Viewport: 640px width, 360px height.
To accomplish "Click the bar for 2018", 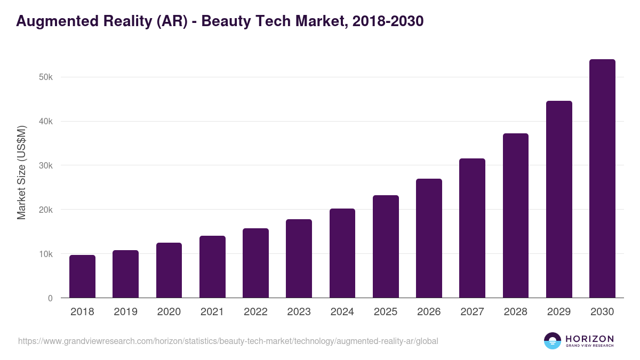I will click(82, 276).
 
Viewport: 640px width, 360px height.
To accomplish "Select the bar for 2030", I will click(602, 179).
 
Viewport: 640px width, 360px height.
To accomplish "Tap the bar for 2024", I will click(342, 253).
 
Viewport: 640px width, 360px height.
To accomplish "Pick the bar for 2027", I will click(472, 228).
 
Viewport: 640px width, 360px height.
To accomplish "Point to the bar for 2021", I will click(212, 267).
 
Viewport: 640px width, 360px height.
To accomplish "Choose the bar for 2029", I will click(559, 199).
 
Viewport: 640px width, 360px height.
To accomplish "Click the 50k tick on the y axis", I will click(46, 77).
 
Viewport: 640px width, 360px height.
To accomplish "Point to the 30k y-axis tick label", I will click(46, 166).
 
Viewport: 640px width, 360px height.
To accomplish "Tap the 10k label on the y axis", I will click(46, 254).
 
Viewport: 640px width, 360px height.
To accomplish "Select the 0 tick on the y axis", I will click(50, 299).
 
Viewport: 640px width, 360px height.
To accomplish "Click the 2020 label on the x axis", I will click(169, 312).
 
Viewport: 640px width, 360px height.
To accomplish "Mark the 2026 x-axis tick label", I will click(429, 312).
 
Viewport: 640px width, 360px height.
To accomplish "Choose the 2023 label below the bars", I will click(299, 312).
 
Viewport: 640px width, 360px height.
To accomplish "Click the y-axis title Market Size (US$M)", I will click(21, 173).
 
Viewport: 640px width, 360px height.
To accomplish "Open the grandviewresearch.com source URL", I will click(228, 341).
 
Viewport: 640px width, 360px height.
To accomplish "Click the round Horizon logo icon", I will click(553, 341).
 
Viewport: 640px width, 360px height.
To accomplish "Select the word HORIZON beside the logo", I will click(589, 339).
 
